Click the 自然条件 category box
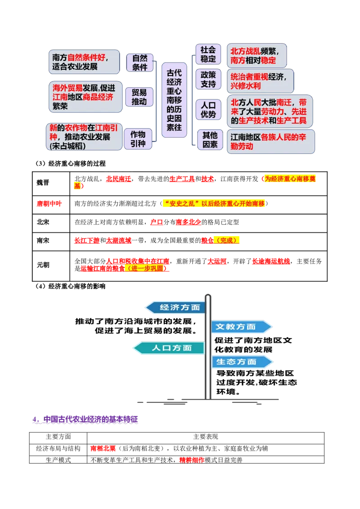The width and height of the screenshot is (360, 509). pos(139,63)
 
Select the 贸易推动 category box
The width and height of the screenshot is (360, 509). pos(139,97)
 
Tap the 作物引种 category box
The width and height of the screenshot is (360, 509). pos(138,139)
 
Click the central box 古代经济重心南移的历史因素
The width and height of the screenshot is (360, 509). pos(174,100)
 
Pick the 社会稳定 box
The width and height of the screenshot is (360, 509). pos(208,54)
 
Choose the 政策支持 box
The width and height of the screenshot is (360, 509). pos(208,79)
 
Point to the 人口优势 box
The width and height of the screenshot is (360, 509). pos(208,110)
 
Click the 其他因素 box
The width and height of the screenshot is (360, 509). pos(210,140)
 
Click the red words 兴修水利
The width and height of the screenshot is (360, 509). pos(246,86)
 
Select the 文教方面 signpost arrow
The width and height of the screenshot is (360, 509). pos(240,327)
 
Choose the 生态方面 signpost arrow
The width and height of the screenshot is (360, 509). pos(241,362)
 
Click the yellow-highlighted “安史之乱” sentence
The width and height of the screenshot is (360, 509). pos(214,204)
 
